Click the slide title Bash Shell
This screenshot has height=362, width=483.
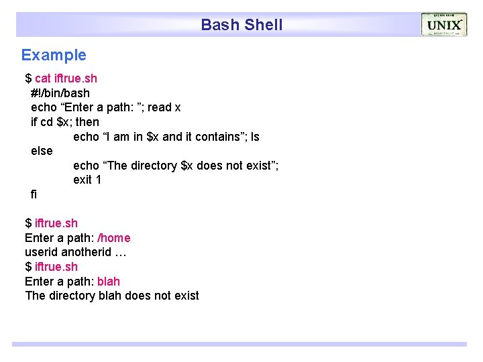[x=241, y=25]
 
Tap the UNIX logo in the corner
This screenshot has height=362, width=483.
[x=444, y=25]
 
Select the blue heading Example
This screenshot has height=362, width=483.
[x=54, y=55]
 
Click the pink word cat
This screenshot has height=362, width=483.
[x=42, y=78]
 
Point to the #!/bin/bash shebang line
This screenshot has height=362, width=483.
[x=60, y=93]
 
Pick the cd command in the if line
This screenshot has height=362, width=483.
[x=47, y=122]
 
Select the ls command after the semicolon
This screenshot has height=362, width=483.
[x=255, y=137]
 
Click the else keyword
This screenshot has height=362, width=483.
[x=42, y=151]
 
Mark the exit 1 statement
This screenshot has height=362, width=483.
[x=87, y=180]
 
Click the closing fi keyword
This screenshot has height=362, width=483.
[x=34, y=194]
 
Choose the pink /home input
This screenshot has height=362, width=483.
[x=114, y=238]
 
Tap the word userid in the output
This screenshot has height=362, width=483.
[x=42, y=253]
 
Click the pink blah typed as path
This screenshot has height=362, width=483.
[x=109, y=281]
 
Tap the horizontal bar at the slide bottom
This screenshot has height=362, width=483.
[x=239, y=344]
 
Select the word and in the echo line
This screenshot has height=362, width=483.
[x=172, y=137]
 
